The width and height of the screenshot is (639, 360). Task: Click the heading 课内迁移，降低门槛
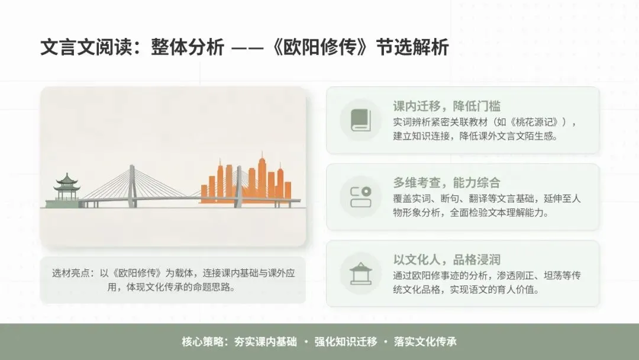point(447,107)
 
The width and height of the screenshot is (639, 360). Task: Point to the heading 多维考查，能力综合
point(447,182)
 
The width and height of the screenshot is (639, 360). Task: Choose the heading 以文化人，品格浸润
point(447,259)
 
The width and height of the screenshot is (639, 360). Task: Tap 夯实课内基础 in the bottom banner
point(266,342)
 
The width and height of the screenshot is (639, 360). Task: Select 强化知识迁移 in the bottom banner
point(346,342)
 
